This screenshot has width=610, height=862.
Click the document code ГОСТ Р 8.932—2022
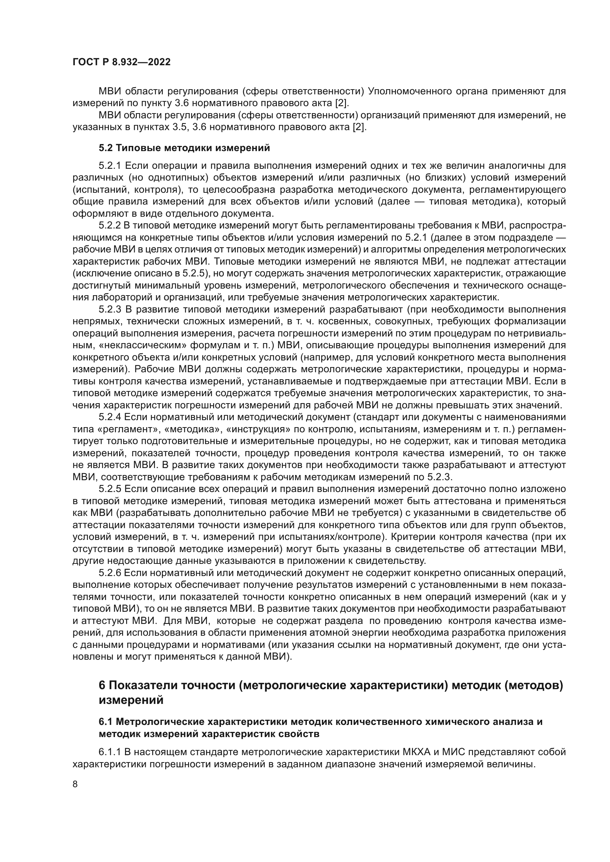pyautogui.click(x=121, y=62)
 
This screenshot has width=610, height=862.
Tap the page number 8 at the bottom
pyautogui.click(x=75, y=784)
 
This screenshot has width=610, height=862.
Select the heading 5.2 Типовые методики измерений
pyautogui.click(x=184, y=148)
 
